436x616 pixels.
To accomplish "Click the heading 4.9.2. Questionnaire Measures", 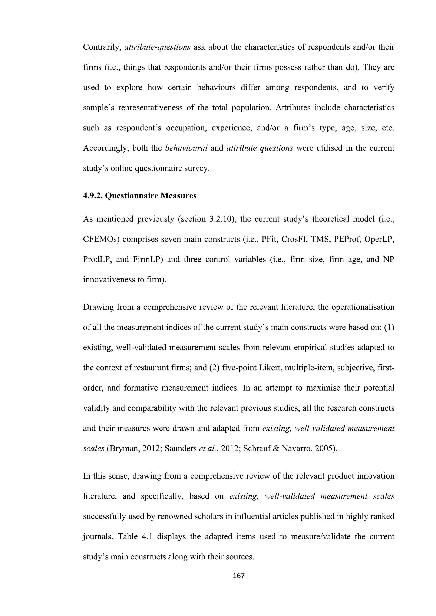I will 140,196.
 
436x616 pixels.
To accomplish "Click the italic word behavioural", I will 186,148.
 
